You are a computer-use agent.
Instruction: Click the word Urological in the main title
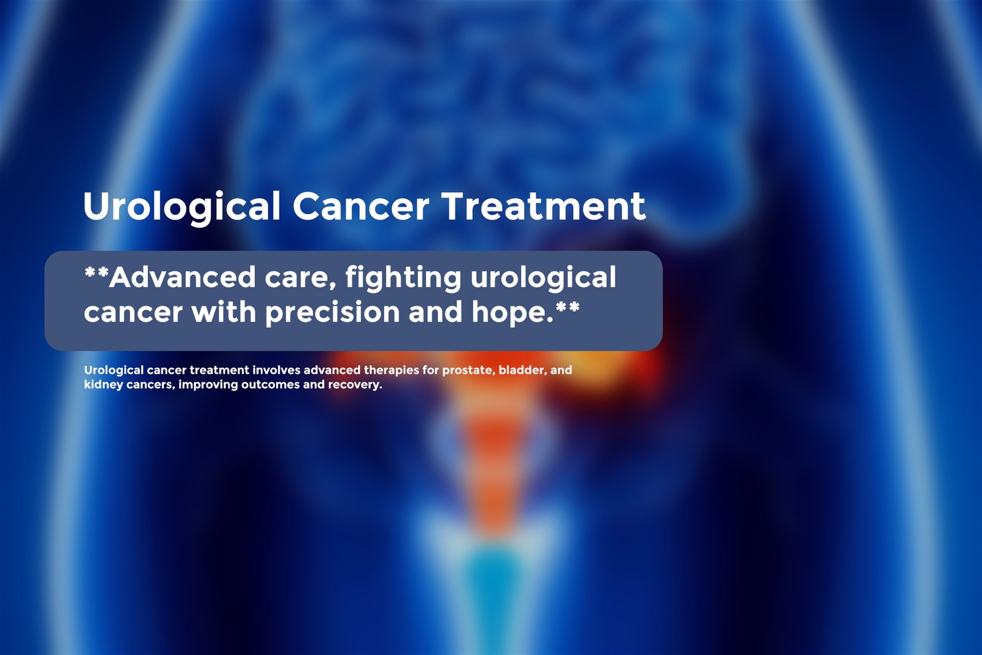tap(182, 207)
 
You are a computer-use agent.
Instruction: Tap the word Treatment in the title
tap(544, 206)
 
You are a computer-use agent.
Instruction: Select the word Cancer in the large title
tap(361, 206)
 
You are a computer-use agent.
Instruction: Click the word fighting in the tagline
tap(403, 279)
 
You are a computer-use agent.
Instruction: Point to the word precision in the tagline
tap(332, 313)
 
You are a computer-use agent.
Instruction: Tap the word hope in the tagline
tap(509, 312)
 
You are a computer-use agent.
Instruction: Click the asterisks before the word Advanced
tap(96, 272)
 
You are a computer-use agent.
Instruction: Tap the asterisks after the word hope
tap(567, 306)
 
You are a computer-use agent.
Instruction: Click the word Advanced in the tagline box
tap(182, 277)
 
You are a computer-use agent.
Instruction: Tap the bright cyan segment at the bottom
tap(493, 596)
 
